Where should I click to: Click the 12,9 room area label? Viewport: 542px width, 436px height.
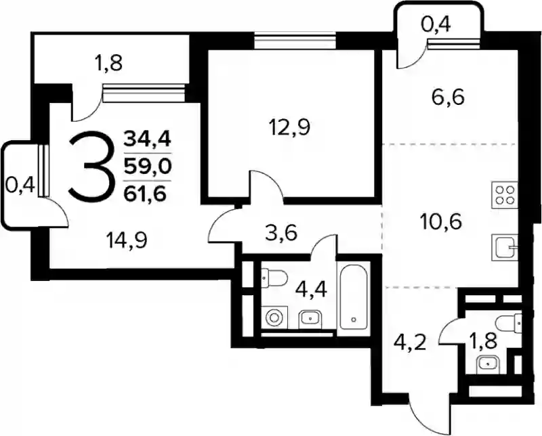[x=289, y=127]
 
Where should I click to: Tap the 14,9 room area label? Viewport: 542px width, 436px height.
[x=127, y=240]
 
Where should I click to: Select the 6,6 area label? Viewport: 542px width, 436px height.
[x=448, y=97]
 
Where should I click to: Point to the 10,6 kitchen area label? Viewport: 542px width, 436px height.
[x=440, y=221]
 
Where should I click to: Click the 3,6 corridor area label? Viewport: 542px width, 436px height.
[x=281, y=234]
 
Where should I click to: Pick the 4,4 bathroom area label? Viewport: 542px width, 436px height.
[x=311, y=290]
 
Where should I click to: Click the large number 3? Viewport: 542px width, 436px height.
[x=92, y=167]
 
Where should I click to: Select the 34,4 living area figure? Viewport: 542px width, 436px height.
[x=148, y=139]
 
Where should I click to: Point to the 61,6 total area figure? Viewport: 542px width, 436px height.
[x=146, y=195]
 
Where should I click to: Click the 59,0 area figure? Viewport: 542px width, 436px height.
[x=148, y=167]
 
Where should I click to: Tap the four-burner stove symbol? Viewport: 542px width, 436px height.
[x=505, y=195]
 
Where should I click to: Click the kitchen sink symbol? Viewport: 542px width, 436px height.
[x=505, y=247]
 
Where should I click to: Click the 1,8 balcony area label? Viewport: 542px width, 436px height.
[x=109, y=64]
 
